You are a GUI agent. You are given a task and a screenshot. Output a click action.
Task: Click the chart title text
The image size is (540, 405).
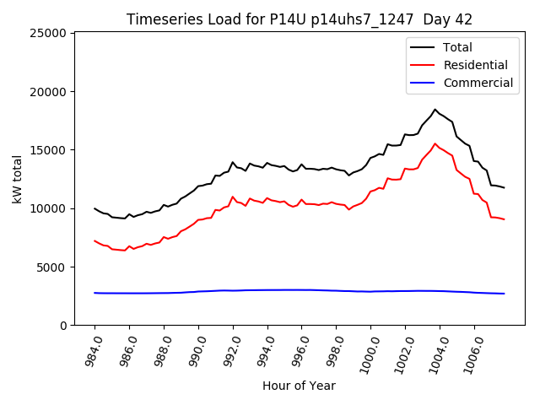tap(300, 19)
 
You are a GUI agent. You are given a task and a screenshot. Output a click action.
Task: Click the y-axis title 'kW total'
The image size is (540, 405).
tap(18, 179)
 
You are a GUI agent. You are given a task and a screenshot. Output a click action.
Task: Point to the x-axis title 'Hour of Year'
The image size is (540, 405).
tap(299, 386)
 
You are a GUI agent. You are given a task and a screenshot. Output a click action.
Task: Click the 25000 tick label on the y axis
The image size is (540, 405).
tap(48, 33)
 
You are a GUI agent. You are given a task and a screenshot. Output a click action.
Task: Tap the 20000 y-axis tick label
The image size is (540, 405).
tap(48, 91)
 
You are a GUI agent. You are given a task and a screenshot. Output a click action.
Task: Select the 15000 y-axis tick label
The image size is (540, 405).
tap(48, 150)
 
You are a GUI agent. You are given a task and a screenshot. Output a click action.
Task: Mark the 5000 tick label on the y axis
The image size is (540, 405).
tap(51, 267)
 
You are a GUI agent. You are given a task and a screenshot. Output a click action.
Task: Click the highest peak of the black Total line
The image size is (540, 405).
tap(435, 109)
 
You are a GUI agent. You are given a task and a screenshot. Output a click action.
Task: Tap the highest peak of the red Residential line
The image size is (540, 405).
tap(435, 143)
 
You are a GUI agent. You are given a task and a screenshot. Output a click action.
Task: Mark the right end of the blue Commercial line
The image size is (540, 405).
tap(504, 294)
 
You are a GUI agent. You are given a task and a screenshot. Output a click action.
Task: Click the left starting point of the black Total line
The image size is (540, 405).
tap(94, 208)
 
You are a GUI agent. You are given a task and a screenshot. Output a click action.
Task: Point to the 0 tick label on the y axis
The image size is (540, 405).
tap(62, 325)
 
